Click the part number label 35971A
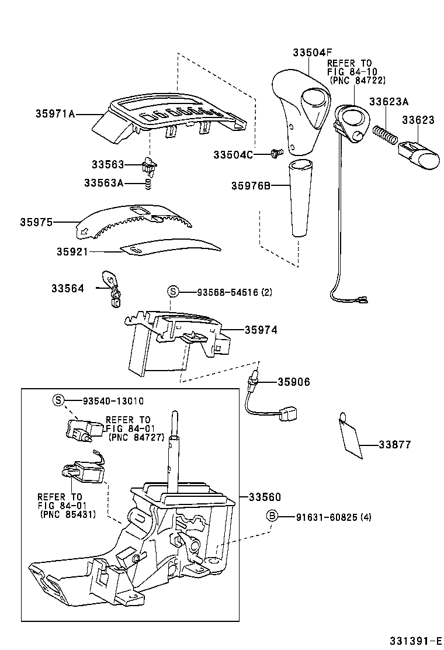pos(55,114)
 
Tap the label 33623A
pos(388,101)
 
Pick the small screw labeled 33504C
pos(275,154)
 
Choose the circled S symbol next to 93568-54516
pos(172,291)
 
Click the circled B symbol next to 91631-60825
pos(272,516)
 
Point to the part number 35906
pos(293,382)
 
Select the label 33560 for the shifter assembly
pos(265,497)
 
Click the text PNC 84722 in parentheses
pos(357,80)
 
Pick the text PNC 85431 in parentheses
pos(68,514)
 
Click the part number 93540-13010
pos(113,400)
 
